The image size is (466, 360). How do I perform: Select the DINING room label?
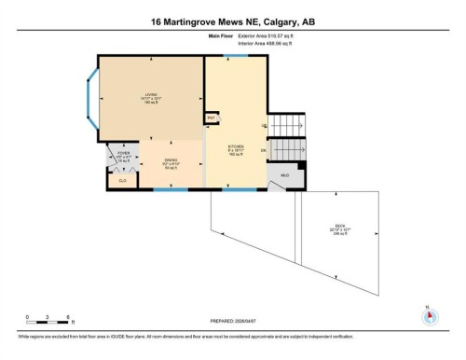point(171,161)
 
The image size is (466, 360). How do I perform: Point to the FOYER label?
point(122,154)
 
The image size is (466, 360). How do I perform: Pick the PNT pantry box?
point(212,118)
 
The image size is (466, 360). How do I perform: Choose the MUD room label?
point(285,175)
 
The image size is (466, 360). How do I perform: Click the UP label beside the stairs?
point(266,124)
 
